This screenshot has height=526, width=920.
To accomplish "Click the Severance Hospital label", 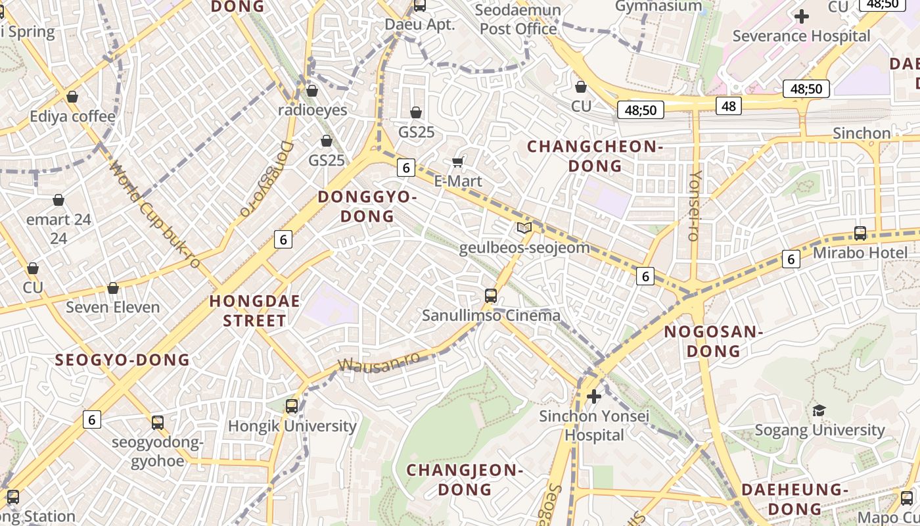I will (x=801, y=36).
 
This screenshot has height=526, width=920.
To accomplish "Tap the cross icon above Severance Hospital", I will (x=801, y=16).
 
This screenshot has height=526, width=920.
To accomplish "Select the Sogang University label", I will (x=819, y=430).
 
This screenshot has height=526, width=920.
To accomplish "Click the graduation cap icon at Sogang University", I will (x=819, y=411).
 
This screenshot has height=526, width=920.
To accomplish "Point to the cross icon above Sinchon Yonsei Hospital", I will (x=594, y=396).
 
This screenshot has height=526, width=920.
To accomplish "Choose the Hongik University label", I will (x=292, y=425).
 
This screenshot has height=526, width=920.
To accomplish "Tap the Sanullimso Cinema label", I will (x=491, y=315).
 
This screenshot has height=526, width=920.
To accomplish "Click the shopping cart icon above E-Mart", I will (x=458, y=162).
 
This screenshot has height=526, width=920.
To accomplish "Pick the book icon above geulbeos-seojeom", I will (x=524, y=228).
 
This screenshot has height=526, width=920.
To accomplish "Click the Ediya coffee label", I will (x=72, y=116).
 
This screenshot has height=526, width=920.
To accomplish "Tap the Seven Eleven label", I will (x=112, y=307).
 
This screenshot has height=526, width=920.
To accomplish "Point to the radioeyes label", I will (x=312, y=110).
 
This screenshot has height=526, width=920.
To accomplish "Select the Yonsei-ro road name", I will (x=695, y=206).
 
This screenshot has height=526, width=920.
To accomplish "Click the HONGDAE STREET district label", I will (x=254, y=311).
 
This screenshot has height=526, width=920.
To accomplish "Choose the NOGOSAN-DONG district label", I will (x=713, y=341).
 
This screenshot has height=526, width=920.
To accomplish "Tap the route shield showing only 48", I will (x=728, y=105).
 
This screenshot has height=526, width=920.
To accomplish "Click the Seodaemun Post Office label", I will (x=518, y=20).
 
